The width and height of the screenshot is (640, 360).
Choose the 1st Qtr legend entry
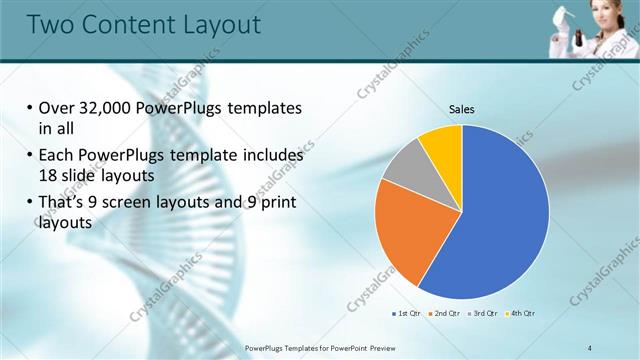(x=408, y=314)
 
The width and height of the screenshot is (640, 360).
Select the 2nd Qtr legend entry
(x=445, y=314)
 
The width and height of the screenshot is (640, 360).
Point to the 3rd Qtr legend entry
(x=483, y=314)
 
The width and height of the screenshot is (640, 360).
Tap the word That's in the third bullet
(x=61, y=203)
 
